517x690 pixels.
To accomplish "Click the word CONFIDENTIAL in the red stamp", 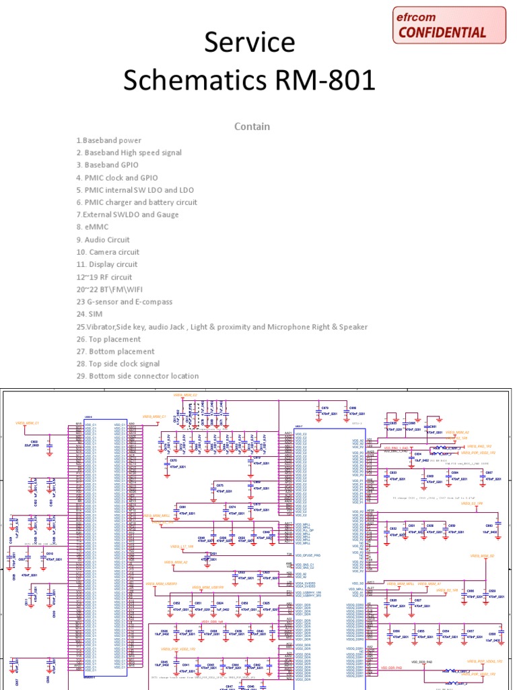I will [442, 32].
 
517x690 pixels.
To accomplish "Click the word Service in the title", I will [250, 42].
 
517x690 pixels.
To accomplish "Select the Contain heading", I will [252, 127].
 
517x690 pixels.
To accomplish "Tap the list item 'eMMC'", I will [92, 227].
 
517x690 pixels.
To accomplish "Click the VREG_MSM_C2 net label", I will [185, 395].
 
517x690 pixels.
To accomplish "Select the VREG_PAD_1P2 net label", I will [479, 446].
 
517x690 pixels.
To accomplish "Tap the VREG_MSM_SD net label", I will [483, 556].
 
